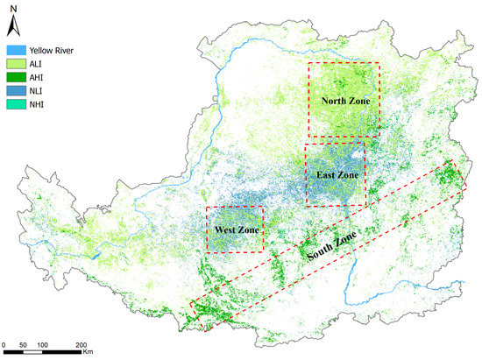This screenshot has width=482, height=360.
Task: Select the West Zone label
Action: (233, 229)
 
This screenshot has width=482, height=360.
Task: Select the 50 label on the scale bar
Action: (24, 343)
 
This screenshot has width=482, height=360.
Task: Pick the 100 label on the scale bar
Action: (43, 343)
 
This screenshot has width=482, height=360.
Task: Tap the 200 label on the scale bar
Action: (82, 343)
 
